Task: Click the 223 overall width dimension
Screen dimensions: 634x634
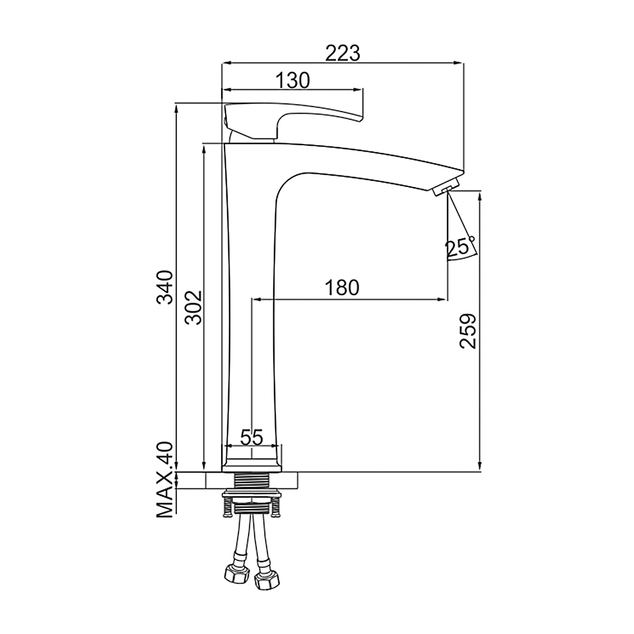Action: point(343,53)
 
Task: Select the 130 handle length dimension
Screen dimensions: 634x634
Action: point(293,81)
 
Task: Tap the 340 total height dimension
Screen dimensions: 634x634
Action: point(165,287)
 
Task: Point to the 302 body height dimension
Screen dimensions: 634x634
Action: point(193,307)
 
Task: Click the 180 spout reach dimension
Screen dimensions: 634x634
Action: point(342,287)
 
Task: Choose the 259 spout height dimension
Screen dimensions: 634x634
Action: point(469,331)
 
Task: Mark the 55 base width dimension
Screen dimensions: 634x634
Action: point(252,437)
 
